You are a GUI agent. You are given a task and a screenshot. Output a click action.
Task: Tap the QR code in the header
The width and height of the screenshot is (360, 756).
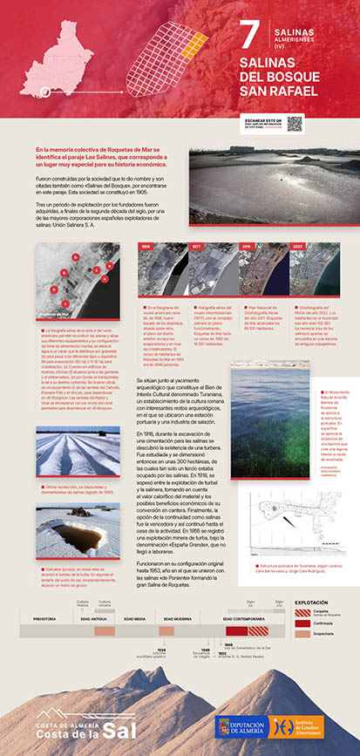(295, 123)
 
